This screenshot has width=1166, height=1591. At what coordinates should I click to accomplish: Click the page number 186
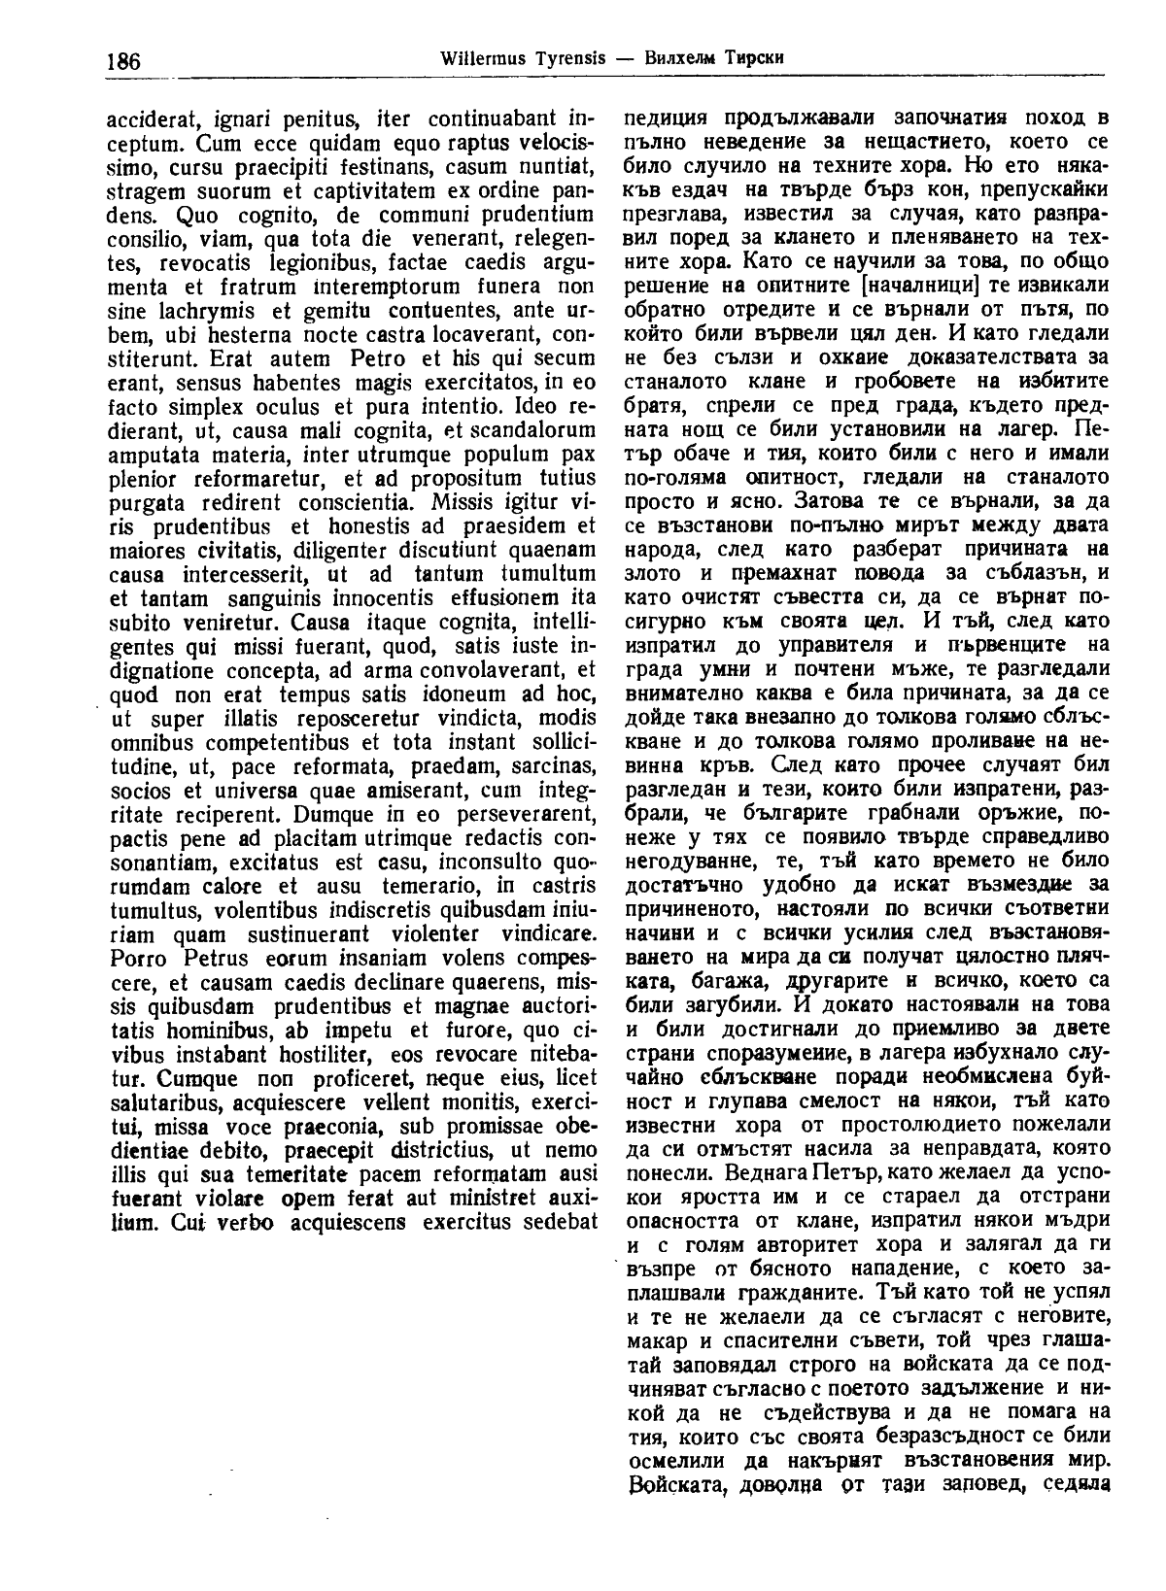[x=122, y=61]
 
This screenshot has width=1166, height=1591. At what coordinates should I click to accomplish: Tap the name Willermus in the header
[x=480, y=57]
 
